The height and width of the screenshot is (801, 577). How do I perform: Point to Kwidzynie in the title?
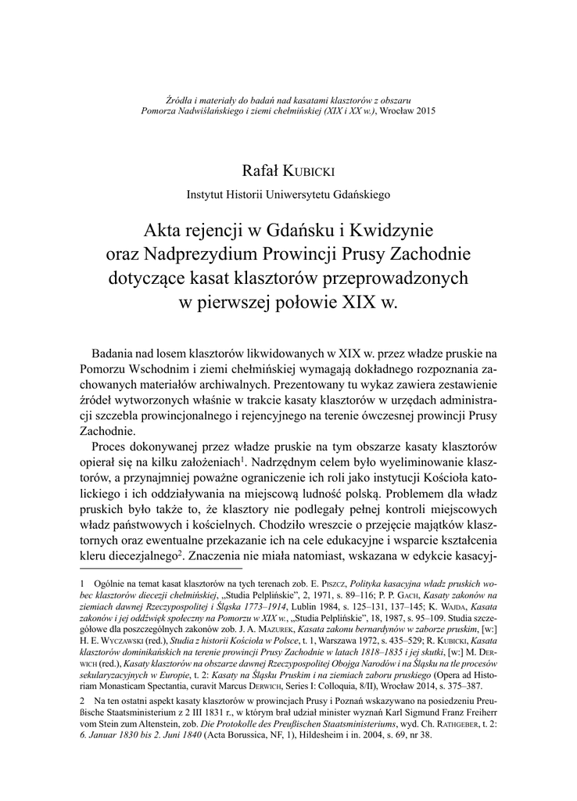[389, 232]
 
